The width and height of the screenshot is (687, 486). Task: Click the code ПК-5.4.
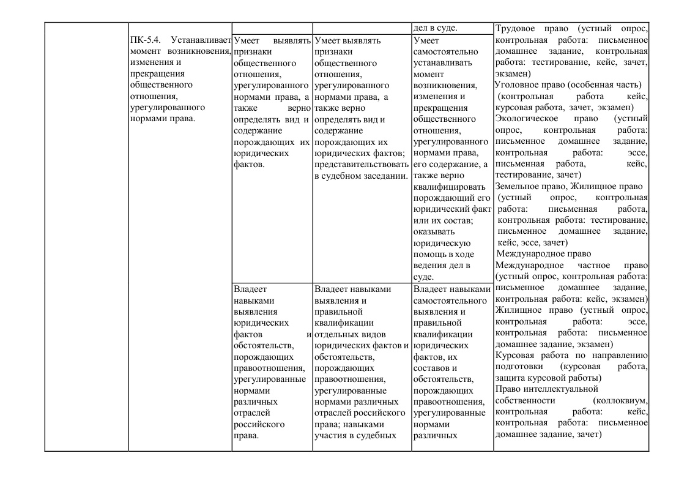click(145, 41)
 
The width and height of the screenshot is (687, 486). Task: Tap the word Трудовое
click(514, 29)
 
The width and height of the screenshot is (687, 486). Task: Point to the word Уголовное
click(516, 84)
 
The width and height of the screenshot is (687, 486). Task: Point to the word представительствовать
click(361, 164)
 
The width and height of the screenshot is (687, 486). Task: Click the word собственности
click(525, 400)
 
